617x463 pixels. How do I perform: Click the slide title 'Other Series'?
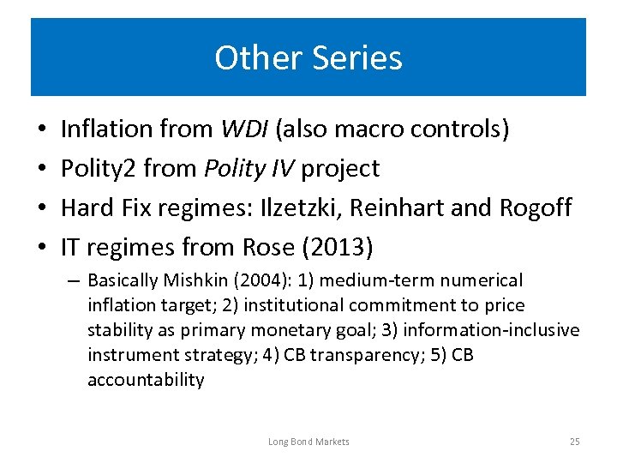pyautogui.click(x=308, y=57)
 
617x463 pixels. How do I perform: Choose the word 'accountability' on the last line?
pyautogui.click(x=146, y=380)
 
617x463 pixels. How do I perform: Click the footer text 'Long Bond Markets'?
pyautogui.click(x=308, y=442)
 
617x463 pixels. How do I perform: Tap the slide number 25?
pyautogui.click(x=574, y=442)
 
